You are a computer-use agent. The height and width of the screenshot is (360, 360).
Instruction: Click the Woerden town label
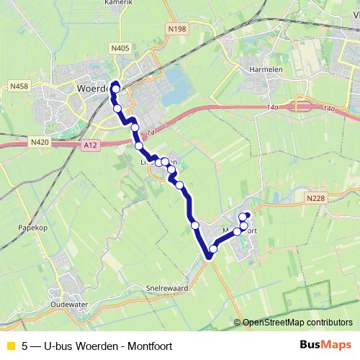(x=92, y=88)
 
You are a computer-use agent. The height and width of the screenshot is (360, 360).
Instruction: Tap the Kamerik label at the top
(x=119, y=3)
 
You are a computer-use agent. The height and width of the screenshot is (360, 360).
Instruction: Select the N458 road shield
(x=19, y=86)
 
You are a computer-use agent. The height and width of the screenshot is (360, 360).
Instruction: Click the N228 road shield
(x=315, y=199)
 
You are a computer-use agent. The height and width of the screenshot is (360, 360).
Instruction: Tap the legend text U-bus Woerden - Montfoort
(x=97, y=346)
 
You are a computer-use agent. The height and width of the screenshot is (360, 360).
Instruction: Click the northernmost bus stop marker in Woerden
(x=114, y=92)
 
